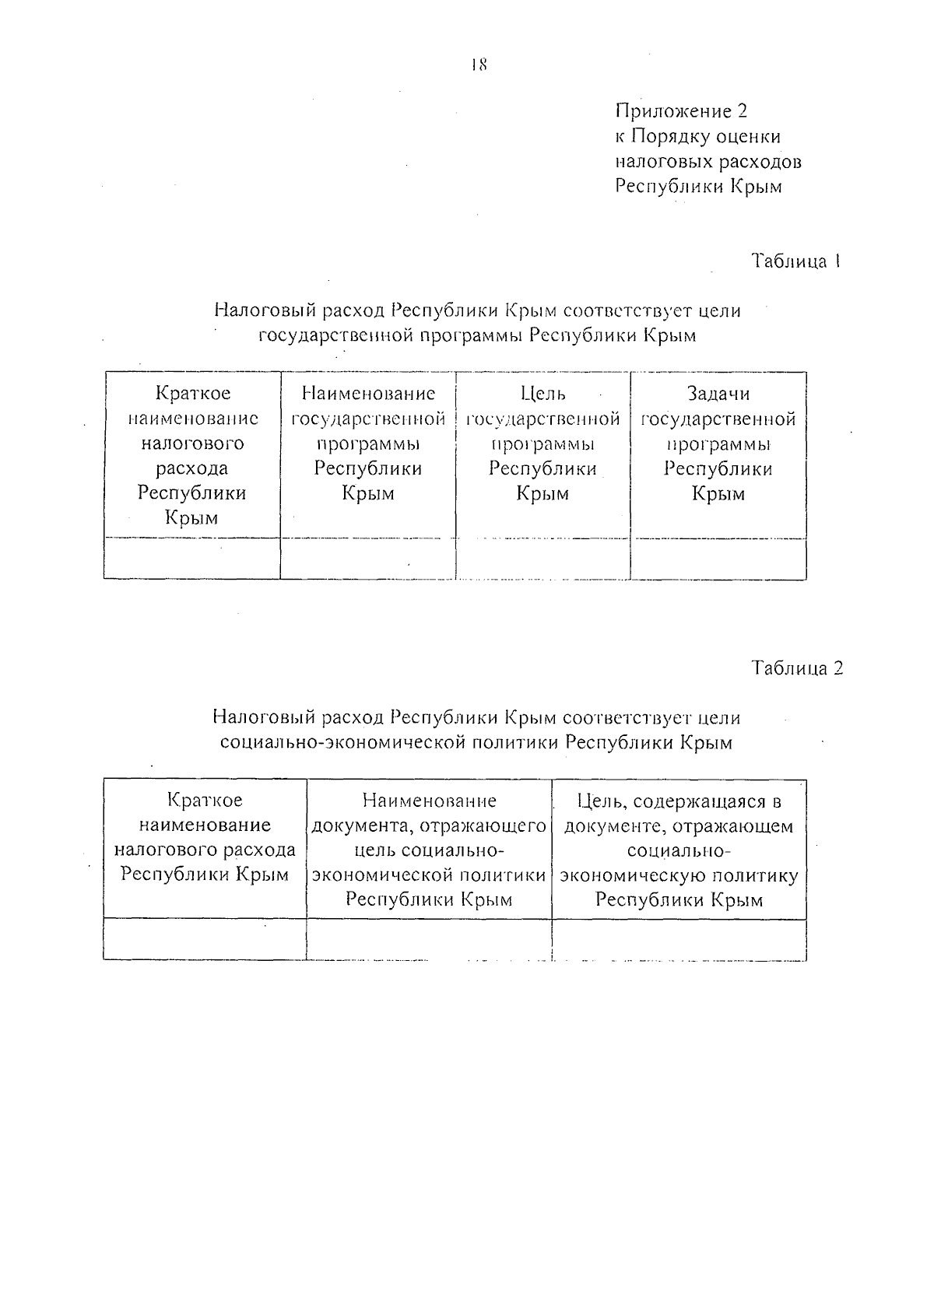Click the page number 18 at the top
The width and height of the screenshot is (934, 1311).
pyautogui.click(x=478, y=65)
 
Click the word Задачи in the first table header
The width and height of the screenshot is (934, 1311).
pyautogui.click(x=718, y=394)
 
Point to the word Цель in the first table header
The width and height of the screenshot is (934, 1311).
pyautogui.click(x=542, y=394)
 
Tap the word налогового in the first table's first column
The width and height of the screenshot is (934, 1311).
pyautogui.click(x=192, y=443)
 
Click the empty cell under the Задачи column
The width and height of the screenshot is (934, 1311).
pyautogui.click(x=718, y=559)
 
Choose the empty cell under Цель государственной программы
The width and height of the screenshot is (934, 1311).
pyautogui.click(x=542, y=559)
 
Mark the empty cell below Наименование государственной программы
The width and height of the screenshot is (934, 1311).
pyautogui.click(x=367, y=559)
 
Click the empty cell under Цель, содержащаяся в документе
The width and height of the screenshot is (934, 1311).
pyautogui.click(x=679, y=939)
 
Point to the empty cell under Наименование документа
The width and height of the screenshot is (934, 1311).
pyautogui.click(x=429, y=939)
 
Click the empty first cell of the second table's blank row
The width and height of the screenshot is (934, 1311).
pyautogui.click(x=205, y=939)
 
